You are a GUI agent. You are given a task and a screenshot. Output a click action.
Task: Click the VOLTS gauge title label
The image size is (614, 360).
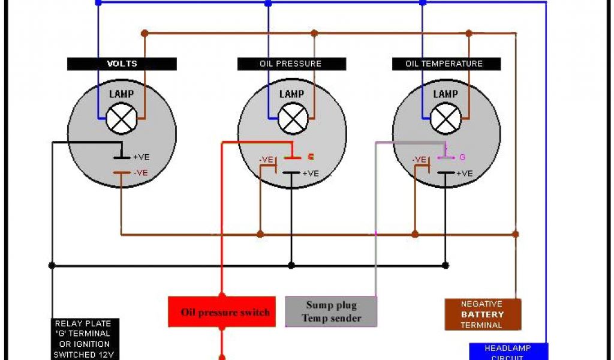point(122,64)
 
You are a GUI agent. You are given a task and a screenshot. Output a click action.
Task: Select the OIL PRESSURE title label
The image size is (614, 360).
point(291,64)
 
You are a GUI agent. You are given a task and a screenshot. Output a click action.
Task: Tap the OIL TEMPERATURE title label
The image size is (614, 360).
point(444,64)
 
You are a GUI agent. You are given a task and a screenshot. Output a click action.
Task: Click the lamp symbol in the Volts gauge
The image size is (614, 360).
point(122,119)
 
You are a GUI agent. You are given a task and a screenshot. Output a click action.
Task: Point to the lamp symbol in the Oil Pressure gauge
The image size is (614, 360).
point(293,119)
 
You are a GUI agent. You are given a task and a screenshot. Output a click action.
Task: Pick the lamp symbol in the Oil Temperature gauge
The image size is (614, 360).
point(446,119)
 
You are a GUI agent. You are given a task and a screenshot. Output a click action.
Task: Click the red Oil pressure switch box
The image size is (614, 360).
point(222,312)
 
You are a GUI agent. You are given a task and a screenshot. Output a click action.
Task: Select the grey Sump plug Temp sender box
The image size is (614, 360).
point(331,312)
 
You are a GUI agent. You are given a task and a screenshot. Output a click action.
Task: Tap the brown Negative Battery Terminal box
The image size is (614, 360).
point(483,314)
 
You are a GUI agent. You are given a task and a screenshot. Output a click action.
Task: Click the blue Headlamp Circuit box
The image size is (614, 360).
point(507,351)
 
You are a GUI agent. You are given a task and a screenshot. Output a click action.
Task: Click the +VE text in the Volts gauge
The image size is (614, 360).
point(141,157)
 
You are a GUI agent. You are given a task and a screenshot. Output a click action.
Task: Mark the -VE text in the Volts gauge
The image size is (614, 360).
point(141,173)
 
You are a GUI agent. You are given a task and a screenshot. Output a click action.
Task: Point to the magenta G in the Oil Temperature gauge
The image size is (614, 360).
point(462,158)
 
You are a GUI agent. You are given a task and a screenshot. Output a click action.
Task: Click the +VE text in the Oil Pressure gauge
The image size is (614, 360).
point(311,174)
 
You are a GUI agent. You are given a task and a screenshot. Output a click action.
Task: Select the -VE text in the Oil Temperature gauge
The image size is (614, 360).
point(420,160)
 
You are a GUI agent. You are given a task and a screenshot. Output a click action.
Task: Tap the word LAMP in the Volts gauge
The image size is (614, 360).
point(121,94)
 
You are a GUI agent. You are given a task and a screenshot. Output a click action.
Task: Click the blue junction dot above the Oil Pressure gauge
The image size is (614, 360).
point(268,4)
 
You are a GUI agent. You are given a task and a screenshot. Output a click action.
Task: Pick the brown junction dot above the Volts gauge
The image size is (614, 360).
point(144,34)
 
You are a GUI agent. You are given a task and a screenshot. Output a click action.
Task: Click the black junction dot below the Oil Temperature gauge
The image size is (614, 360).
point(445,265)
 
